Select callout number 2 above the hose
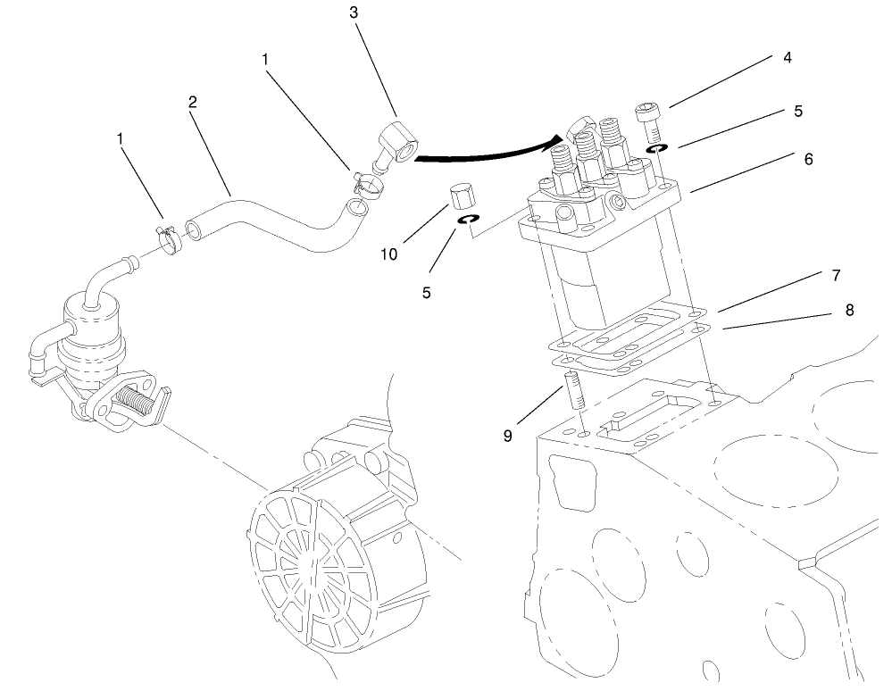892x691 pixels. (x=192, y=102)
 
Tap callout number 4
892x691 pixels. (x=787, y=58)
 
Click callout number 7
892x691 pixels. (x=835, y=274)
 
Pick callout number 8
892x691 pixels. (x=848, y=310)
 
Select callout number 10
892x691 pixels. (x=388, y=254)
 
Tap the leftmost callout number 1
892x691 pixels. (x=120, y=139)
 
